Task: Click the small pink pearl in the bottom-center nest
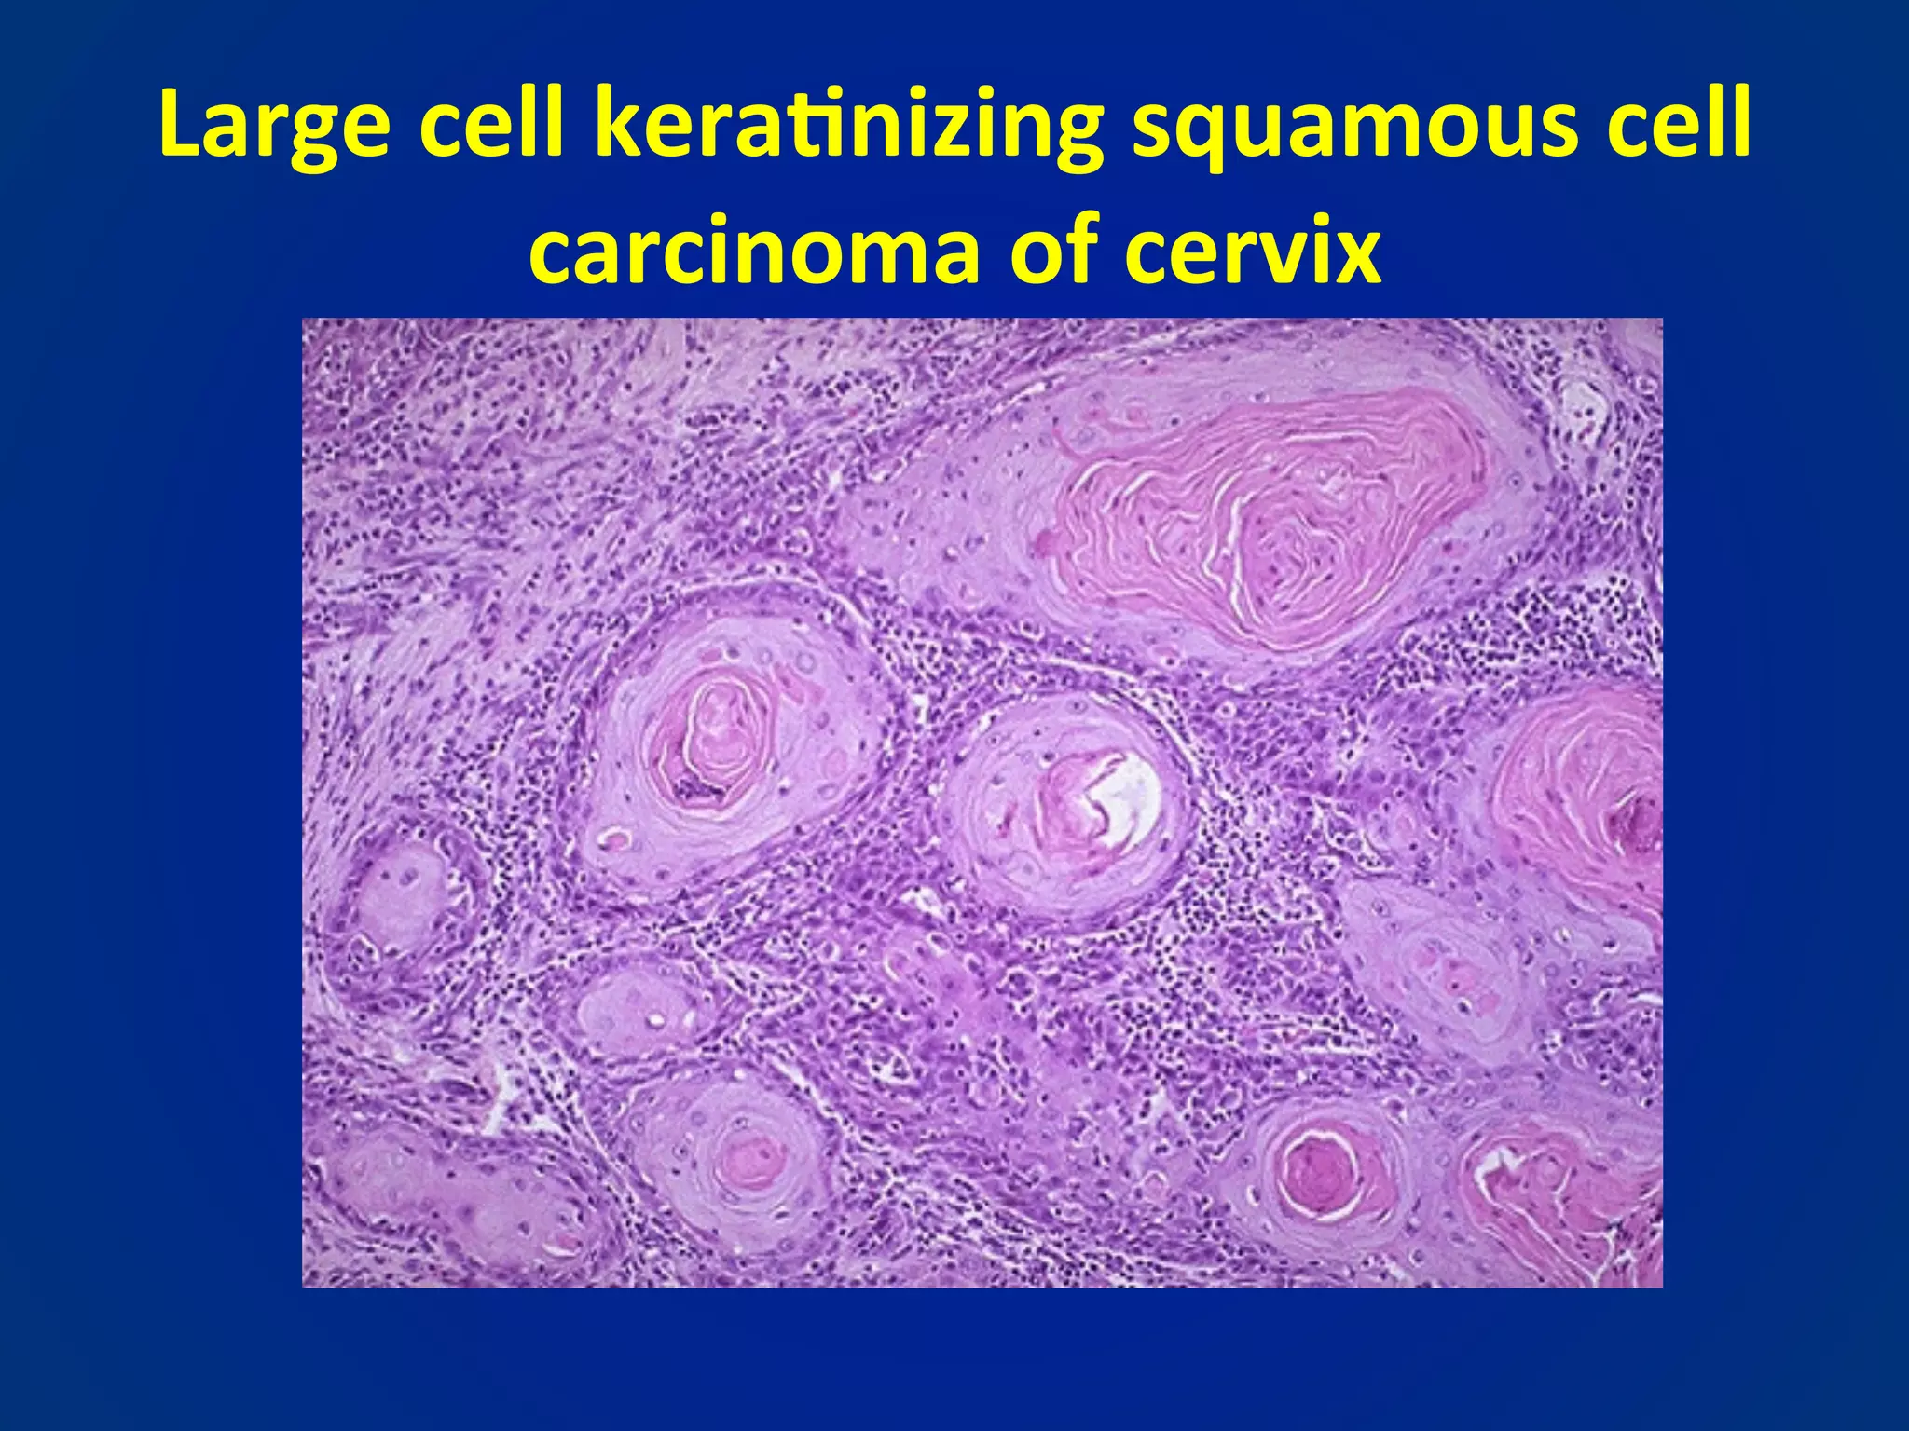click(751, 1160)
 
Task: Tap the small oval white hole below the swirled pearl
click(616, 840)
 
